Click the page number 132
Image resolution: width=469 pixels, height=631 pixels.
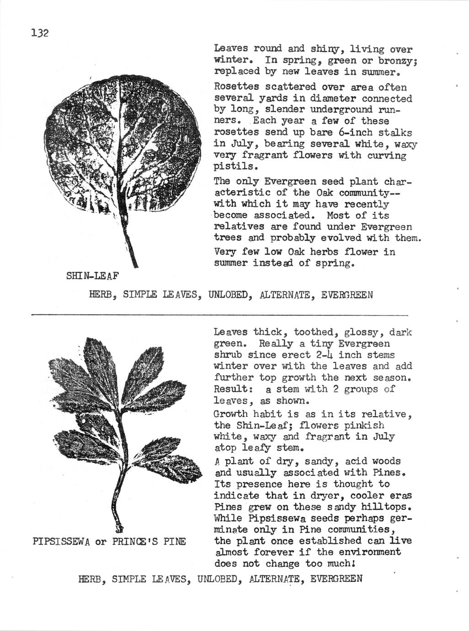(40, 33)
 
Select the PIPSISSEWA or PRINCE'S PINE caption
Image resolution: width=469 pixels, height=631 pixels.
(109, 542)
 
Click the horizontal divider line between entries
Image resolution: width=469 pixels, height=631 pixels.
(219, 315)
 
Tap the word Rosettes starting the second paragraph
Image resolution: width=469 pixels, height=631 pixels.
(236, 87)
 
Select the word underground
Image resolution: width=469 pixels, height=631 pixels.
(341, 110)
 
